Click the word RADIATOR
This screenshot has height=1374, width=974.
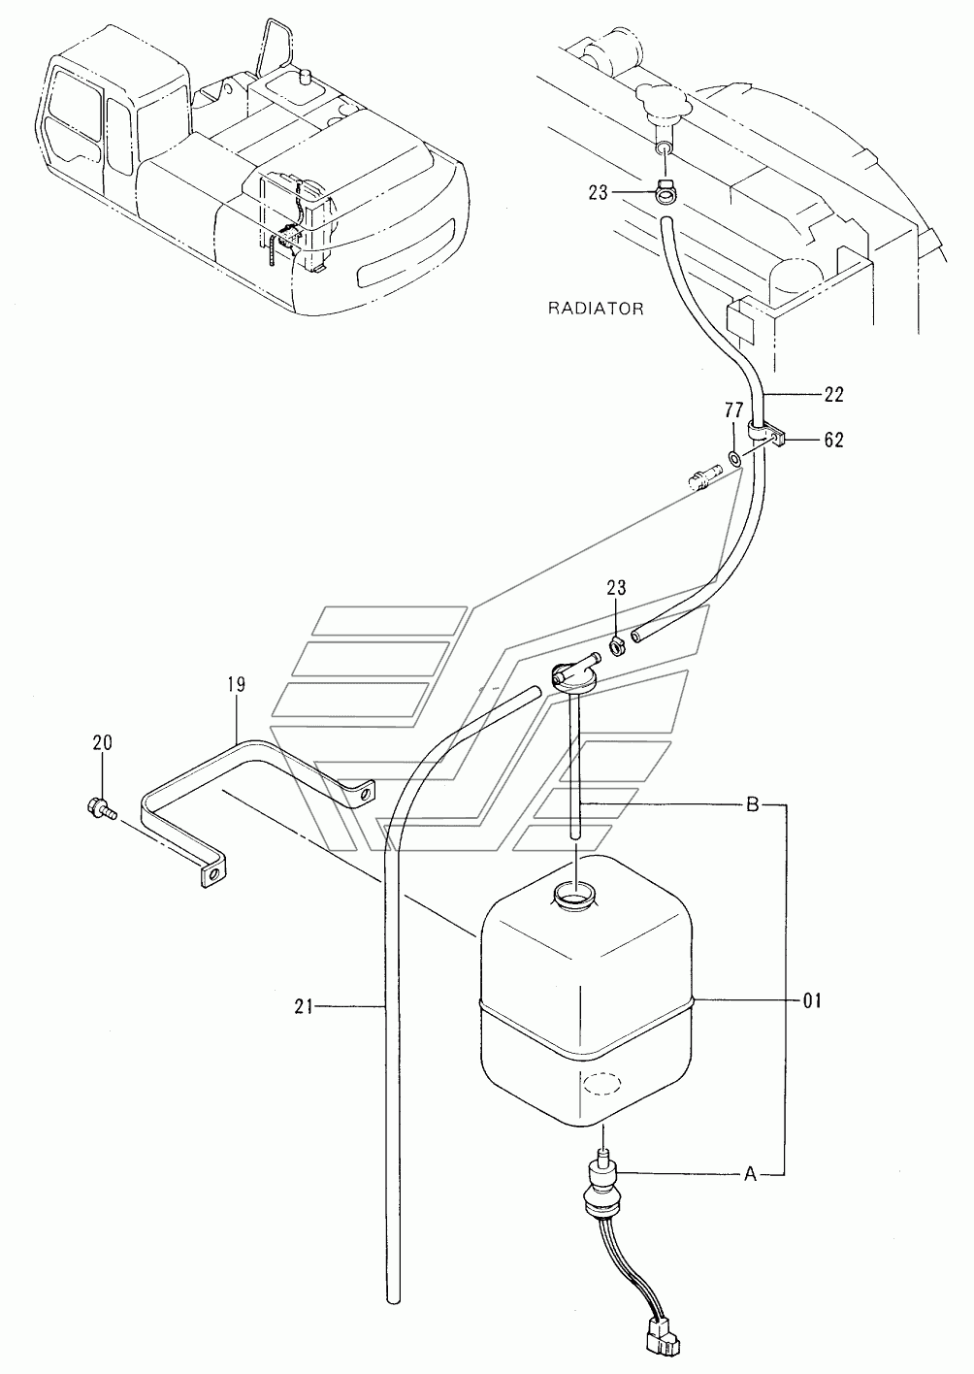(x=596, y=309)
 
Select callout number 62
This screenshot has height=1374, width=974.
(x=833, y=440)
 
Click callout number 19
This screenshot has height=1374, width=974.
(x=238, y=684)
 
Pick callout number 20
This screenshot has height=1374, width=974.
(x=102, y=742)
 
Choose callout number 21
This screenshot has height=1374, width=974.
(x=304, y=1007)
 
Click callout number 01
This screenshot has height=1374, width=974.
(x=810, y=999)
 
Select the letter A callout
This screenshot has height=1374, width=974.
(x=749, y=1174)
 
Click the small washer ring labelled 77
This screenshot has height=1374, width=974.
(x=734, y=457)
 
